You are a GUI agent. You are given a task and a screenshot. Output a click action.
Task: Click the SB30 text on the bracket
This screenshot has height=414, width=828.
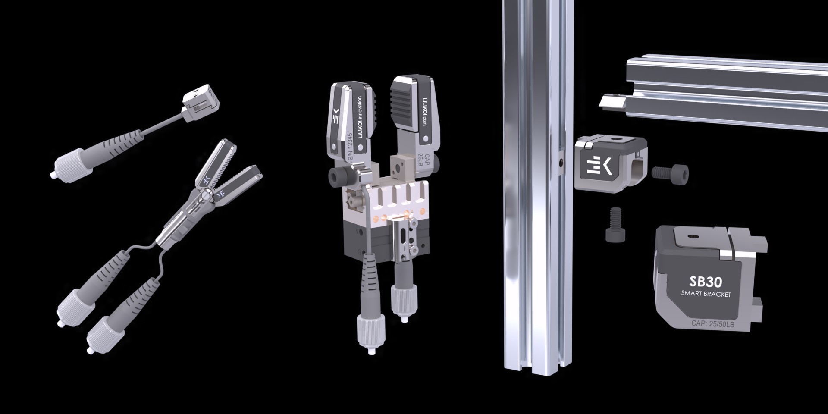(x=706, y=282)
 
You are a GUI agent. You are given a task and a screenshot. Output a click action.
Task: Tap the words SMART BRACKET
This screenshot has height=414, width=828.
(x=706, y=294)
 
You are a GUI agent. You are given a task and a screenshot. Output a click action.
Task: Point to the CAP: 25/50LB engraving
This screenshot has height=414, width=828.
(x=712, y=323)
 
